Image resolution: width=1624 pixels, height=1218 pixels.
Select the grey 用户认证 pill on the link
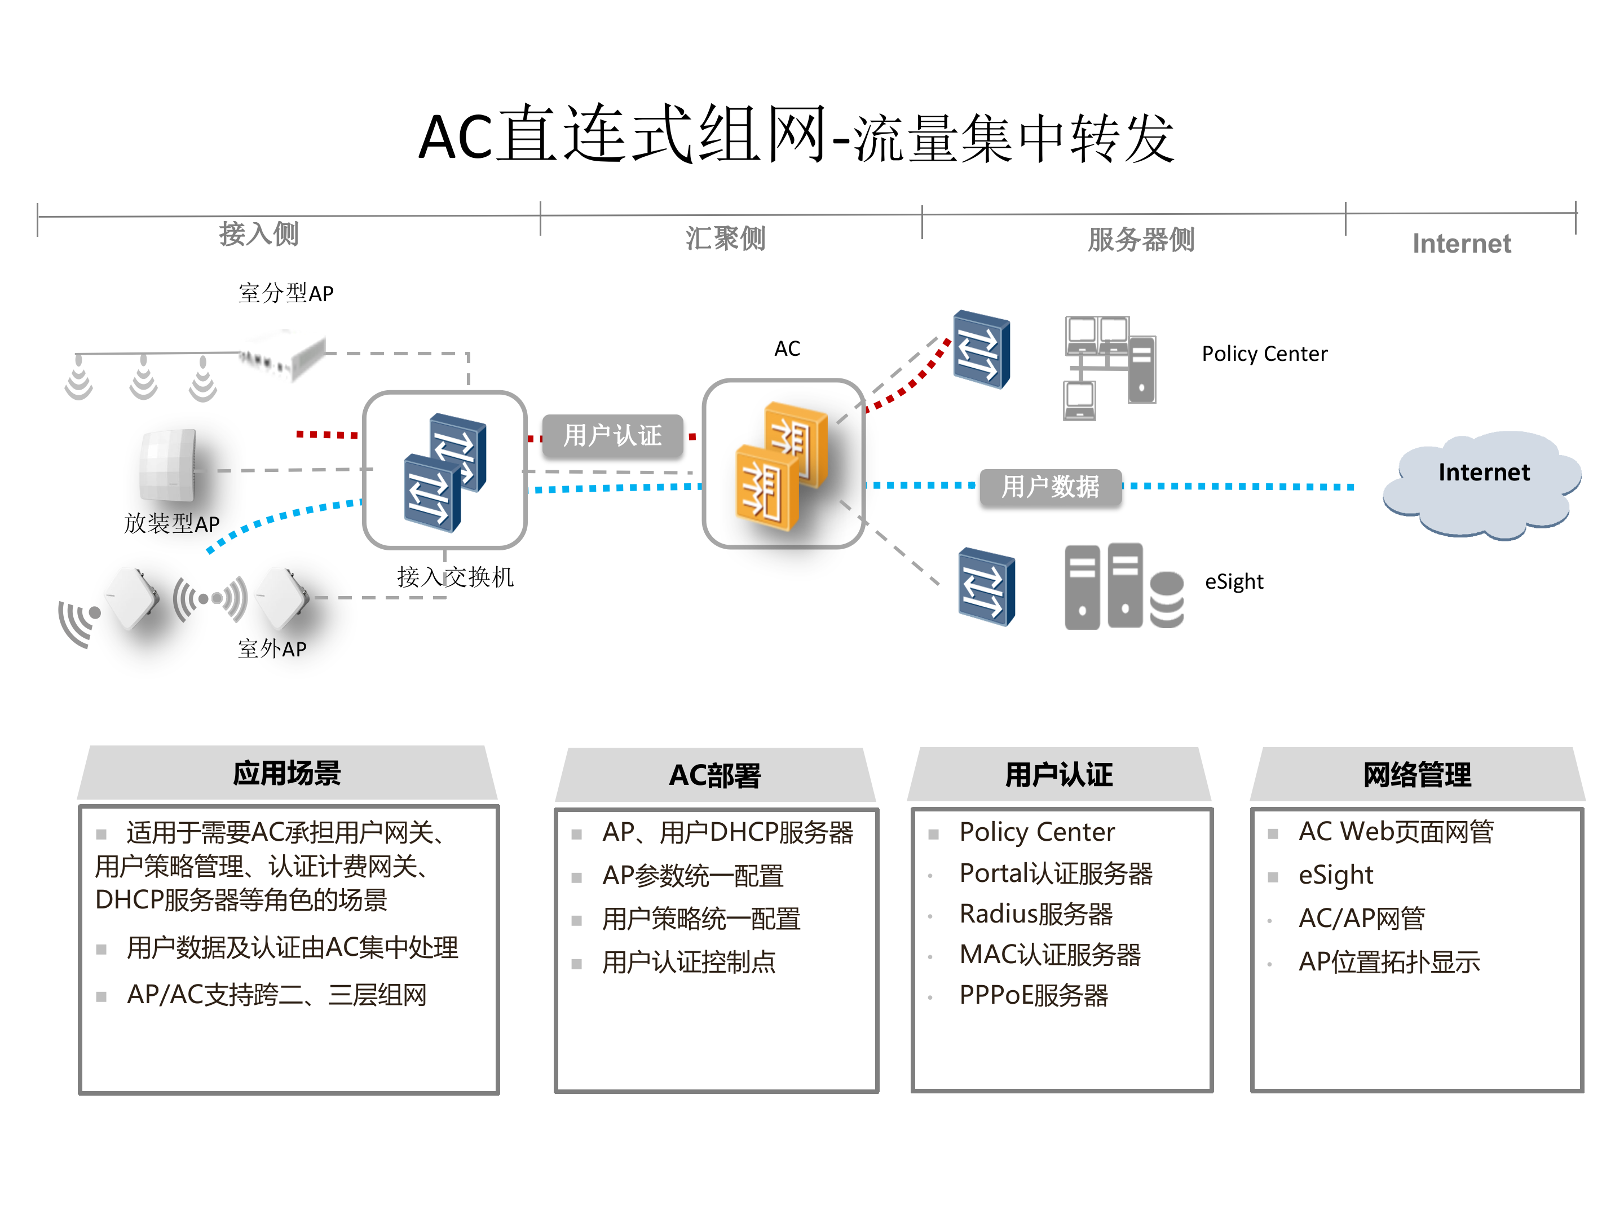coord(612,435)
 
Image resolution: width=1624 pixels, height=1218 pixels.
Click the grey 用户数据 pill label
coord(1050,487)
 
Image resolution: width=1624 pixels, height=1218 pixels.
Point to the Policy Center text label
coord(1264,354)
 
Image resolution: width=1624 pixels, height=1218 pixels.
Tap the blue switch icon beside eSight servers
coord(986,586)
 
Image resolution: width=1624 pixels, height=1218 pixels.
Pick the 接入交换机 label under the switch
coord(455,577)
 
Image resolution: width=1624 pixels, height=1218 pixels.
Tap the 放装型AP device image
coord(169,465)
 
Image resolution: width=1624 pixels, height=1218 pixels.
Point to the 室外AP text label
coord(272,649)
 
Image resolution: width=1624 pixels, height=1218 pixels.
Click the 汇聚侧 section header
coord(725,239)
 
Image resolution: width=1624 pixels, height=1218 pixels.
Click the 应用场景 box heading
coord(287,774)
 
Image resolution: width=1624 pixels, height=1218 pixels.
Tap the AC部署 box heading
coord(714,776)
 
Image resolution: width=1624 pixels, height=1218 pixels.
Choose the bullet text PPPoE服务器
coord(1033,995)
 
